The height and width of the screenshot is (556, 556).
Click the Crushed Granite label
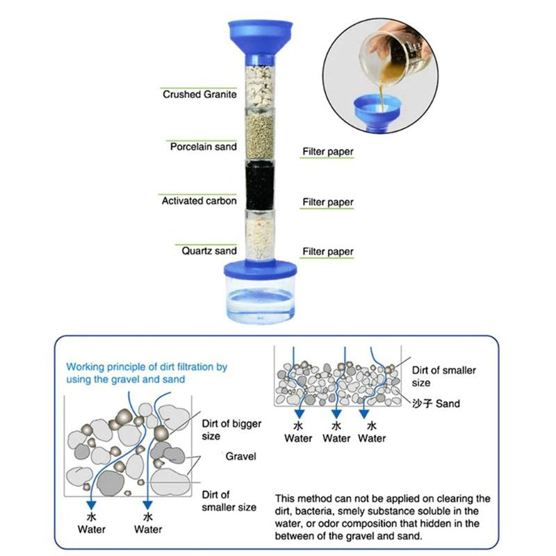[199, 94]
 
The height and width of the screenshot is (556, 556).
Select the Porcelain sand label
[203, 147]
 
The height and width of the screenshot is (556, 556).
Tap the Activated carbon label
[199, 201]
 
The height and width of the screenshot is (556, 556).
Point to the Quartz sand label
[208, 251]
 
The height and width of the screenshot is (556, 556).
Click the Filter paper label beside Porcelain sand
[327, 152]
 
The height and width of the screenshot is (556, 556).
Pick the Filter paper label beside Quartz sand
[327, 252]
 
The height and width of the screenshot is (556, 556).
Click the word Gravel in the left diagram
[240, 457]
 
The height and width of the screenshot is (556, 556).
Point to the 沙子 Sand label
[436, 403]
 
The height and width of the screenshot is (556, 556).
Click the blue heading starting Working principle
[147, 373]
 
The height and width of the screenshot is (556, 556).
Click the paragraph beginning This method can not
[382, 517]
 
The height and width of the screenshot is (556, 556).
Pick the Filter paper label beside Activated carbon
[327, 202]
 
